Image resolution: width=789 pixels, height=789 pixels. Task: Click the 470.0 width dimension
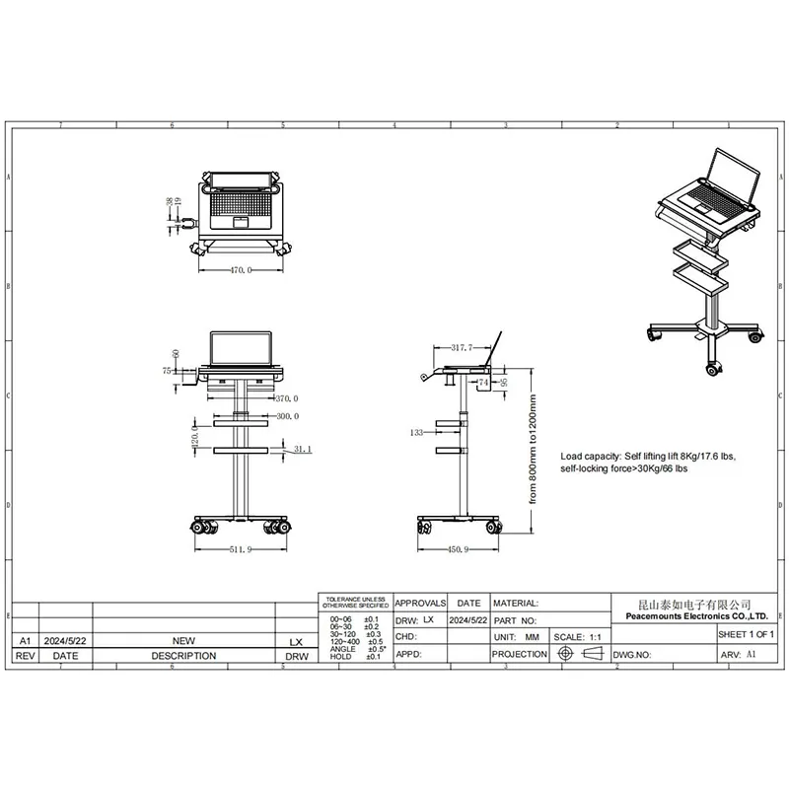click(x=241, y=269)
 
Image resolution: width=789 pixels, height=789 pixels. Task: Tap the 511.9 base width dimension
click(x=241, y=549)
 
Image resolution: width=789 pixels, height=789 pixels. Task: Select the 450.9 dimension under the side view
click(x=458, y=549)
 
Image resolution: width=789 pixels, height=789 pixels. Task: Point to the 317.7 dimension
click(x=463, y=348)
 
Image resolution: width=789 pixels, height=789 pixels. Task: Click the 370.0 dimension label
click(x=287, y=399)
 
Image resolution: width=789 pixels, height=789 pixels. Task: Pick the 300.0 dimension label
click(x=287, y=416)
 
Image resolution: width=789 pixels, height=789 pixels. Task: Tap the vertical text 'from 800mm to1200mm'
click(x=532, y=450)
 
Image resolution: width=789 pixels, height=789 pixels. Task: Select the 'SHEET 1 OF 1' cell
click(x=746, y=634)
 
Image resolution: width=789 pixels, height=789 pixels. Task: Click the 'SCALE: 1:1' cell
click(x=584, y=637)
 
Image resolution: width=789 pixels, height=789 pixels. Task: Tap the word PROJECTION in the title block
click(x=519, y=654)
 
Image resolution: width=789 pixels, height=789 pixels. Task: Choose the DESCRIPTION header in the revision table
click(x=183, y=655)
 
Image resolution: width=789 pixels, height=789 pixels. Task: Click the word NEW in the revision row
click(x=183, y=639)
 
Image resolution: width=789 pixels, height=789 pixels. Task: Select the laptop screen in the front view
click(x=241, y=346)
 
